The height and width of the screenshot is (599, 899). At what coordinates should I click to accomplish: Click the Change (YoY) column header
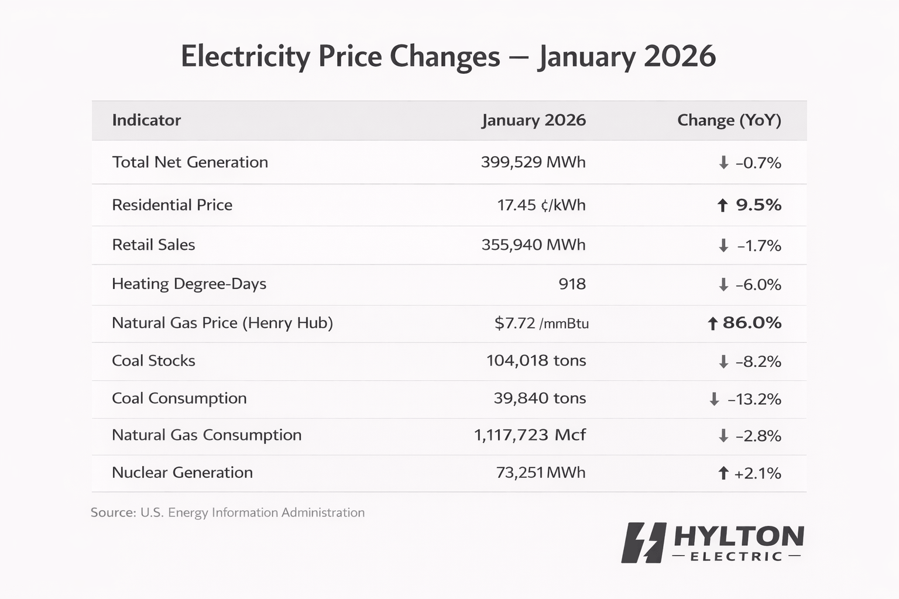click(x=729, y=120)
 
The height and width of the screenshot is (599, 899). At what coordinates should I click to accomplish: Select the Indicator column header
click(x=146, y=120)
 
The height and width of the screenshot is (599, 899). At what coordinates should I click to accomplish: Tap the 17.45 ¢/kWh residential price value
click(x=541, y=205)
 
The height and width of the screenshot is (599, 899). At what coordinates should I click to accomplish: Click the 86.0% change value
click(x=752, y=322)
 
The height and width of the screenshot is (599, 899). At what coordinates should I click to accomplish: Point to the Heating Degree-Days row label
click(x=188, y=284)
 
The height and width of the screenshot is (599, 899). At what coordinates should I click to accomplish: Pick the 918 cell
click(x=572, y=284)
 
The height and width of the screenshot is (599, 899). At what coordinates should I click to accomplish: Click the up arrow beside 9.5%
click(x=722, y=205)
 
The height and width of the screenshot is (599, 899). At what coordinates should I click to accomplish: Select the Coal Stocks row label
click(x=153, y=360)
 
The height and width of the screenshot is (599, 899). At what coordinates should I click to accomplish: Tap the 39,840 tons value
click(x=540, y=398)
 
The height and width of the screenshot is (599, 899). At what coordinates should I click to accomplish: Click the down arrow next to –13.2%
click(x=714, y=399)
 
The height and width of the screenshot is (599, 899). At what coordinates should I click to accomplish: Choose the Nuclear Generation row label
click(x=182, y=472)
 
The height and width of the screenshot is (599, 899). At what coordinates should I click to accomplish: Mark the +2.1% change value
click(x=757, y=473)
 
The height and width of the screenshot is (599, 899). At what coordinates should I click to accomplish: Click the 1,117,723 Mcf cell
click(x=530, y=435)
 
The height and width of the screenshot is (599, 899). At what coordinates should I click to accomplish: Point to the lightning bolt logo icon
click(x=644, y=542)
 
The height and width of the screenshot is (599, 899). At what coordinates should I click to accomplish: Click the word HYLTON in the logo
click(x=739, y=536)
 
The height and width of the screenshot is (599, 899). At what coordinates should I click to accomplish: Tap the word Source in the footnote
click(x=113, y=512)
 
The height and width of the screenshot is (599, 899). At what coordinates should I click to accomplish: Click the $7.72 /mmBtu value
click(x=541, y=323)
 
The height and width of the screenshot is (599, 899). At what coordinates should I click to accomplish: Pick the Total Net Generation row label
click(x=190, y=162)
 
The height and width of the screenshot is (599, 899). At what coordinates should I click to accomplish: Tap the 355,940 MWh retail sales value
click(x=533, y=245)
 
